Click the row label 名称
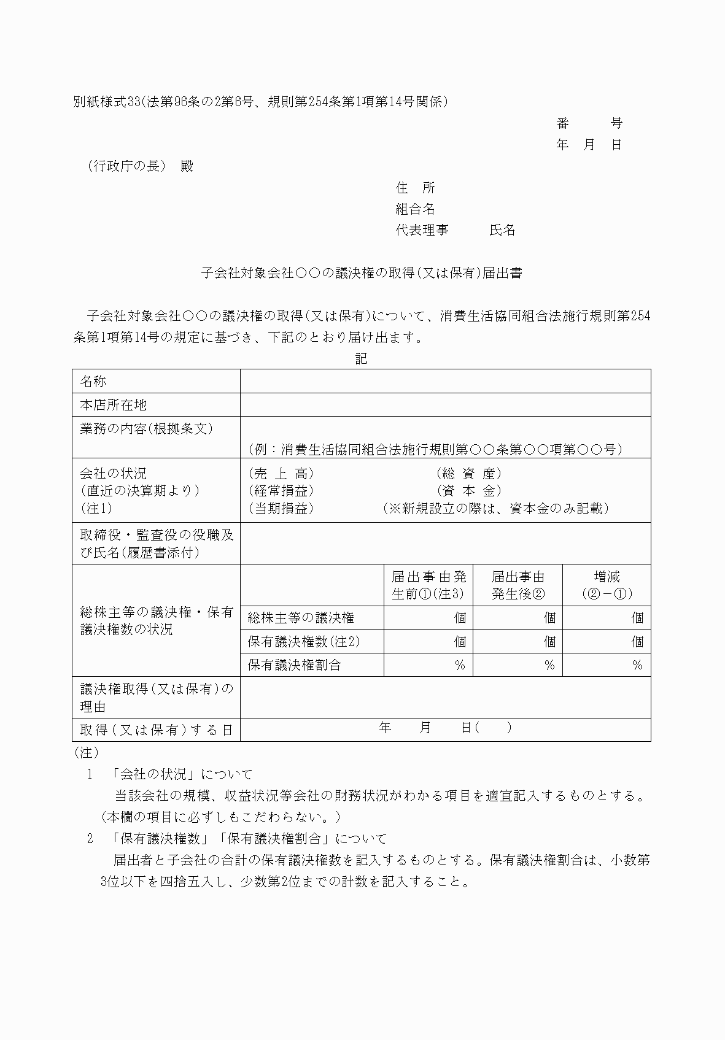[x=93, y=382]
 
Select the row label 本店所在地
[x=114, y=405]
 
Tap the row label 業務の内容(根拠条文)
[x=147, y=428]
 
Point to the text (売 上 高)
[x=281, y=474]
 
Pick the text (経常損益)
[x=281, y=491]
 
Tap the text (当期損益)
[x=281, y=509]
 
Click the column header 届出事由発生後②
[x=518, y=585]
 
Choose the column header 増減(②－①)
[x=607, y=585]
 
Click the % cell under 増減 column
[x=637, y=665]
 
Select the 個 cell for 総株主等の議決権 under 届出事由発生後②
[x=549, y=618]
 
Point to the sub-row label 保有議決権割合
[x=294, y=665]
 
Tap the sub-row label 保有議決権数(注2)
[x=304, y=642]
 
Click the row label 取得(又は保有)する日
[x=157, y=730]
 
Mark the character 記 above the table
[x=362, y=359]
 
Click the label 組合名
[x=415, y=209]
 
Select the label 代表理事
[x=422, y=230]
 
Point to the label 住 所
[x=415, y=188]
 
